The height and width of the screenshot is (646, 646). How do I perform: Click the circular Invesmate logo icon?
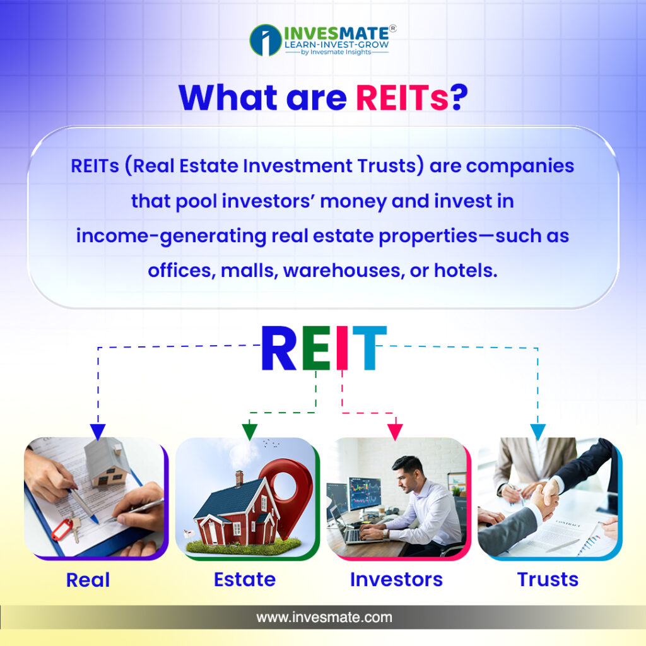(266, 40)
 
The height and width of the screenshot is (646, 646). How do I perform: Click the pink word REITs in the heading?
(402, 98)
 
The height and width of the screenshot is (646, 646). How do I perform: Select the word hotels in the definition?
(466, 270)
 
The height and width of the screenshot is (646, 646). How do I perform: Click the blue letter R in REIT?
(279, 348)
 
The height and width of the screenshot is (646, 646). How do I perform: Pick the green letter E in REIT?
(316, 348)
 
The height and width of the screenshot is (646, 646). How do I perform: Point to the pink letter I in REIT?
(342, 348)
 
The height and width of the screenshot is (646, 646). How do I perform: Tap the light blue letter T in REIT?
(370, 348)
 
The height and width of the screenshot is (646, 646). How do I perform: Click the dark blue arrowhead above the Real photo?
(98, 432)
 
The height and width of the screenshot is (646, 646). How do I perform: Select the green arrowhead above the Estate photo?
(250, 432)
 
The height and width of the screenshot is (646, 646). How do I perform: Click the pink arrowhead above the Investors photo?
(395, 432)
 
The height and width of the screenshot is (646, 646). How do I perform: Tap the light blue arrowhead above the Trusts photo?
(537, 432)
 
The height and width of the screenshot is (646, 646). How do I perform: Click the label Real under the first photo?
(88, 580)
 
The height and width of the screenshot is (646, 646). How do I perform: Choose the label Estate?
(245, 579)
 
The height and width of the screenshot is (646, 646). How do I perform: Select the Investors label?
(396, 579)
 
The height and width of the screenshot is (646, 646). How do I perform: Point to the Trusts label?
(548, 579)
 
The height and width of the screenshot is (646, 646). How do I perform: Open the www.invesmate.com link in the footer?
(324, 617)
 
